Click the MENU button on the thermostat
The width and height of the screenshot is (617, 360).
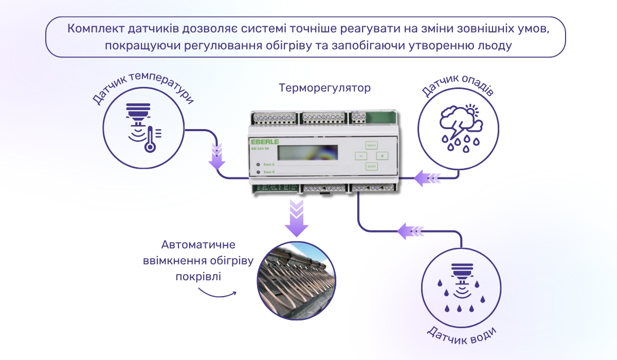click(x=372, y=145)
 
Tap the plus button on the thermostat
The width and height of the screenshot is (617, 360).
click(x=382, y=156)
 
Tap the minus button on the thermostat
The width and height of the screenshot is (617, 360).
click(x=361, y=156)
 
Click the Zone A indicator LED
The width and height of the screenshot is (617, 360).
click(x=257, y=165)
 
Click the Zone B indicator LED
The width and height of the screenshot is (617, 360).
click(x=257, y=172)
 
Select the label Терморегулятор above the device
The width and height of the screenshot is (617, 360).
click(x=324, y=88)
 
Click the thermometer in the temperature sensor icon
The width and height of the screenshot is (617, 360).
click(x=150, y=139)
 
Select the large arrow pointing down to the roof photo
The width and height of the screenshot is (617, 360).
click(x=297, y=219)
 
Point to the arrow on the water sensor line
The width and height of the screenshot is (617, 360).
click(x=411, y=231)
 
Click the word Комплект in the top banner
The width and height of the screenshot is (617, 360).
click(x=92, y=28)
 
